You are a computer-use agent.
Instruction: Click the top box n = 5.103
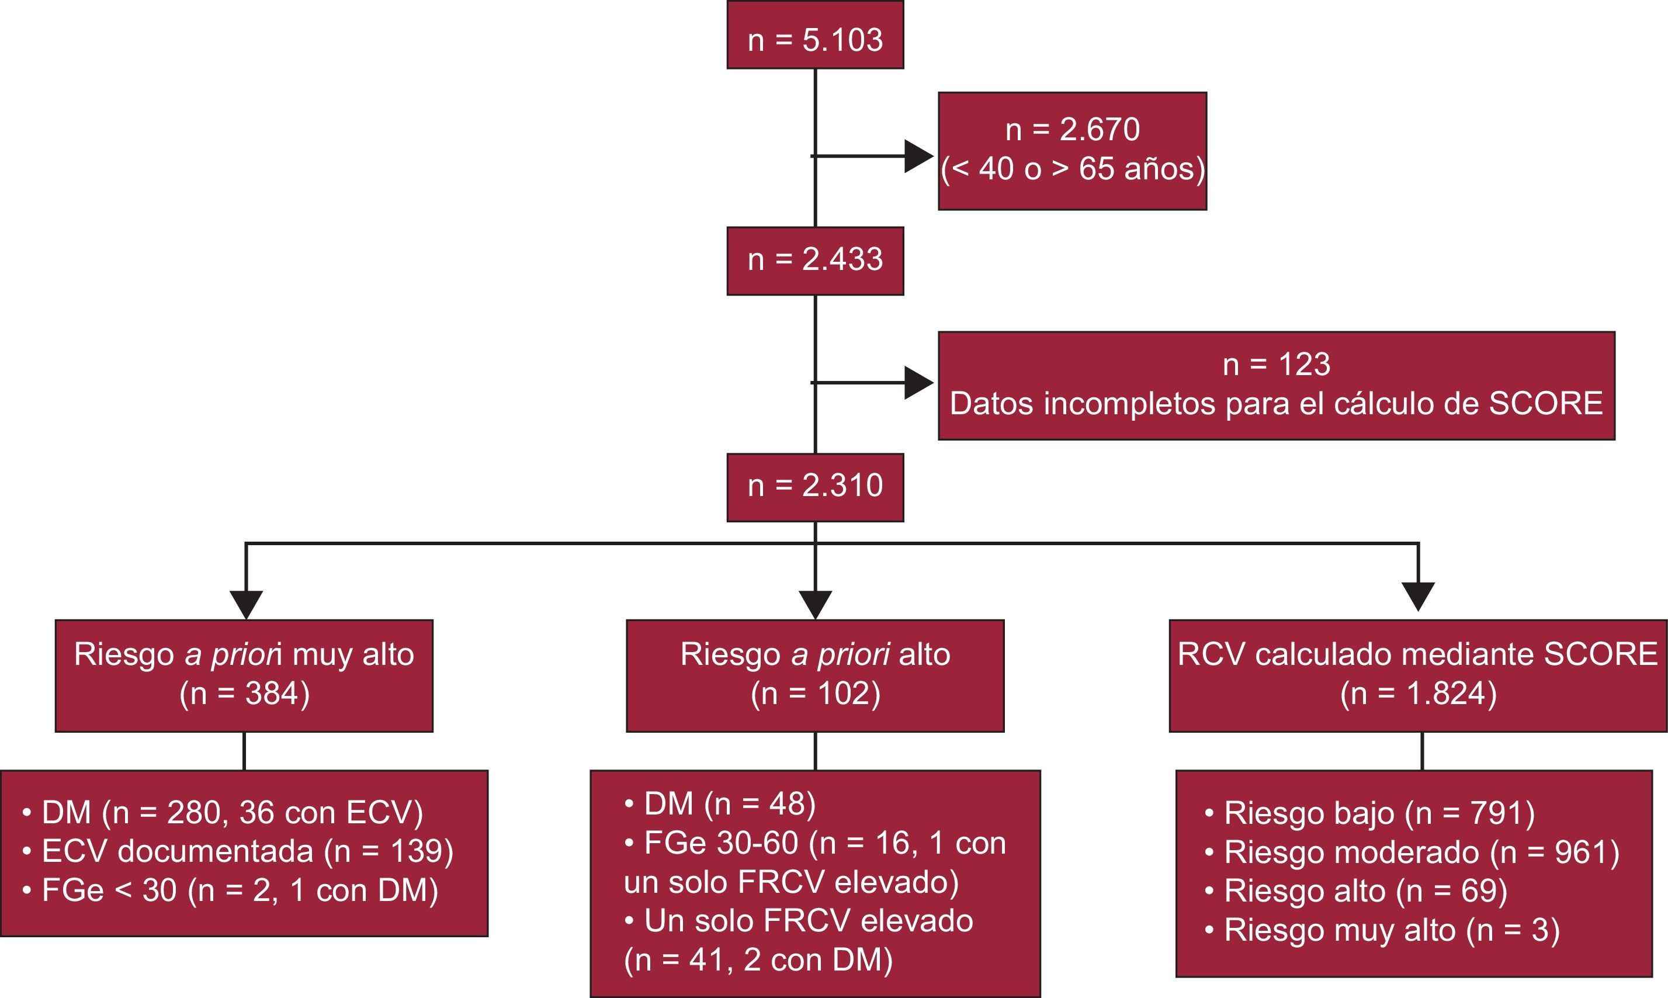click(x=815, y=36)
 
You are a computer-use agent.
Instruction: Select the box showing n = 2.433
click(x=815, y=261)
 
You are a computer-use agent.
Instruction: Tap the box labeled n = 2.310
click(x=815, y=487)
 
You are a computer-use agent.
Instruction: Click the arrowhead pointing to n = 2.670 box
click(x=917, y=156)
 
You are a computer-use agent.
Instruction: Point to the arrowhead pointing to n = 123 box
click(x=917, y=383)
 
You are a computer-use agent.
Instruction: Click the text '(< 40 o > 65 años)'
click(x=1072, y=168)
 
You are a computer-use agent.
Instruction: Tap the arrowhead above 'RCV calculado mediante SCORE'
click(x=1419, y=596)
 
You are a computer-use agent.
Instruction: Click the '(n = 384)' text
click(x=244, y=694)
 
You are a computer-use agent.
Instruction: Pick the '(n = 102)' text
click(x=815, y=694)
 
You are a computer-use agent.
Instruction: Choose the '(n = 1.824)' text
click(x=1419, y=694)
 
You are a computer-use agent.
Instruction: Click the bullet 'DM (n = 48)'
click(x=721, y=803)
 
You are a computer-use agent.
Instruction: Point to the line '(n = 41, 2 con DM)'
click(x=758, y=959)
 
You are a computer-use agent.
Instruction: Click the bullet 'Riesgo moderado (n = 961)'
click(x=1412, y=852)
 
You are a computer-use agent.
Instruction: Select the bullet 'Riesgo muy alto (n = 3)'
click(x=1382, y=930)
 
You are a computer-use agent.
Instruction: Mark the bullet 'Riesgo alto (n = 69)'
click(x=1357, y=891)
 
